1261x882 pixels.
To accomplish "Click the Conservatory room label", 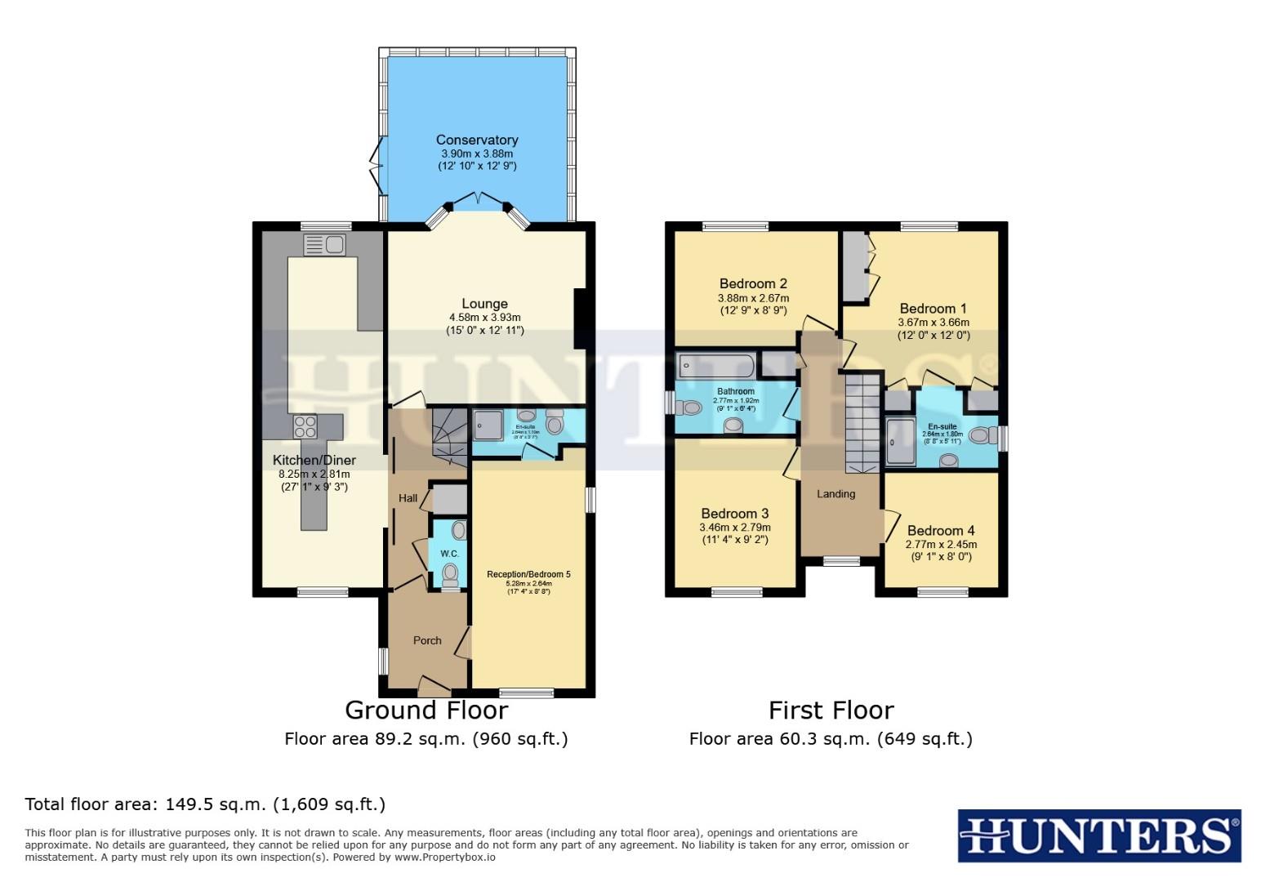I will [x=477, y=140].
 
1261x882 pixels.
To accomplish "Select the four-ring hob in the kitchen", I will [x=305, y=425].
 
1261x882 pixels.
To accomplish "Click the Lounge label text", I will [x=484, y=304].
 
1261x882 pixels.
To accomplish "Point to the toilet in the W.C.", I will [x=449, y=576].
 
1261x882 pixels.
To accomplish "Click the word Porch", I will [x=427, y=640].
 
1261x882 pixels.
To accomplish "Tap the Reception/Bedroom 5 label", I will [x=528, y=574].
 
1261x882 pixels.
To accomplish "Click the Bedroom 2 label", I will [x=753, y=283].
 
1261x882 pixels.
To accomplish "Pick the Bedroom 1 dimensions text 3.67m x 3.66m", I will [x=933, y=323].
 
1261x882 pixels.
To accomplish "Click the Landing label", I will [x=836, y=494].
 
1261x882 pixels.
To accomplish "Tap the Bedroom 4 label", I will [x=941, y=530].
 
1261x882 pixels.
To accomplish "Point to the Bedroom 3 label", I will [x=735, y=514].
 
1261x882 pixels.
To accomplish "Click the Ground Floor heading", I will [x=426, y=710].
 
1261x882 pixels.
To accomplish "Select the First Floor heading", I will [x=831, y=710].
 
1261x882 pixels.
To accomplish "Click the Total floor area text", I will [x=205, y=804].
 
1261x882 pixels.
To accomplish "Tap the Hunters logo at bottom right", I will [x=1098, y=835].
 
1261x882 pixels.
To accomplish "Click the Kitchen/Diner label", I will [x=314, y=461].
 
